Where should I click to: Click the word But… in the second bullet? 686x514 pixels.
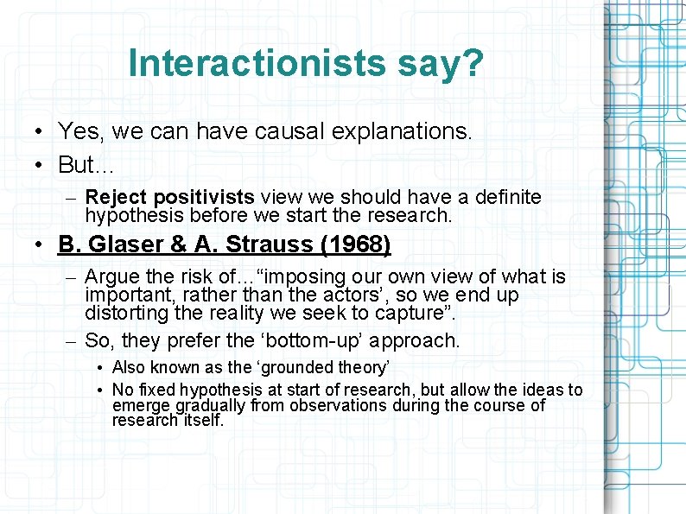click(86, 164)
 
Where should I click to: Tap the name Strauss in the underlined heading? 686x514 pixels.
click(270, 245)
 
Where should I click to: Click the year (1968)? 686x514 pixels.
click(355, 245)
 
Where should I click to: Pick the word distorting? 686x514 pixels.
click(129, 312)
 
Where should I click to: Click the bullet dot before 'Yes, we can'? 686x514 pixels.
click(41, 132)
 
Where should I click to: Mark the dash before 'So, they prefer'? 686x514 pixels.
click(72, 341)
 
